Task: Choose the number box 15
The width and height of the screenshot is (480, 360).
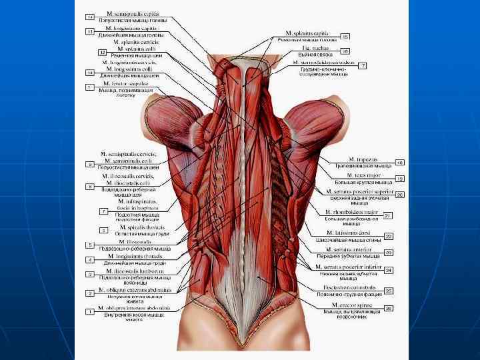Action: [345, 36]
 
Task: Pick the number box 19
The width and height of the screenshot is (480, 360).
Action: [400, 179]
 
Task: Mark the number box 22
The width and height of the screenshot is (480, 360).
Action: [388, 236]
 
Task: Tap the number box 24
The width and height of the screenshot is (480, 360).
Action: [388, 270]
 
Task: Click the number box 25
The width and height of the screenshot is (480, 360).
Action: [388, 291]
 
